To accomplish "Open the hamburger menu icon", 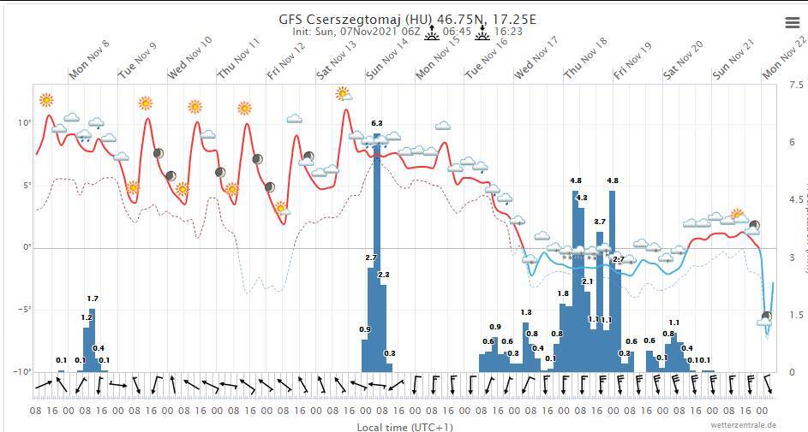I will [x=793, y=23].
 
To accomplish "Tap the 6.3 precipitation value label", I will [x=376, y=124].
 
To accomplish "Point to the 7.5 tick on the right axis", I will [x=796, y=86].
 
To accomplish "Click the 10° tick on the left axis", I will [x=25, y=123].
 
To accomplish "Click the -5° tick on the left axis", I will [x=24, y=310].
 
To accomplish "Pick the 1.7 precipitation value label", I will [x=93, y=299].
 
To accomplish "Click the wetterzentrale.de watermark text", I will [x=743, y=424].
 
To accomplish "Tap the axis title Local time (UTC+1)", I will [x=405, y=427].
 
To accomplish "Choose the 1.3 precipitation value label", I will [x=526, y=312].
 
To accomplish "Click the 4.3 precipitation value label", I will [x=582, y=198].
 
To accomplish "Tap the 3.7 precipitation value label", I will [x=600, y=222].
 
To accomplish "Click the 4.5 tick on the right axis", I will [x=796, y=200].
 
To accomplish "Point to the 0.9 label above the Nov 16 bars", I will [x=495, y=327].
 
